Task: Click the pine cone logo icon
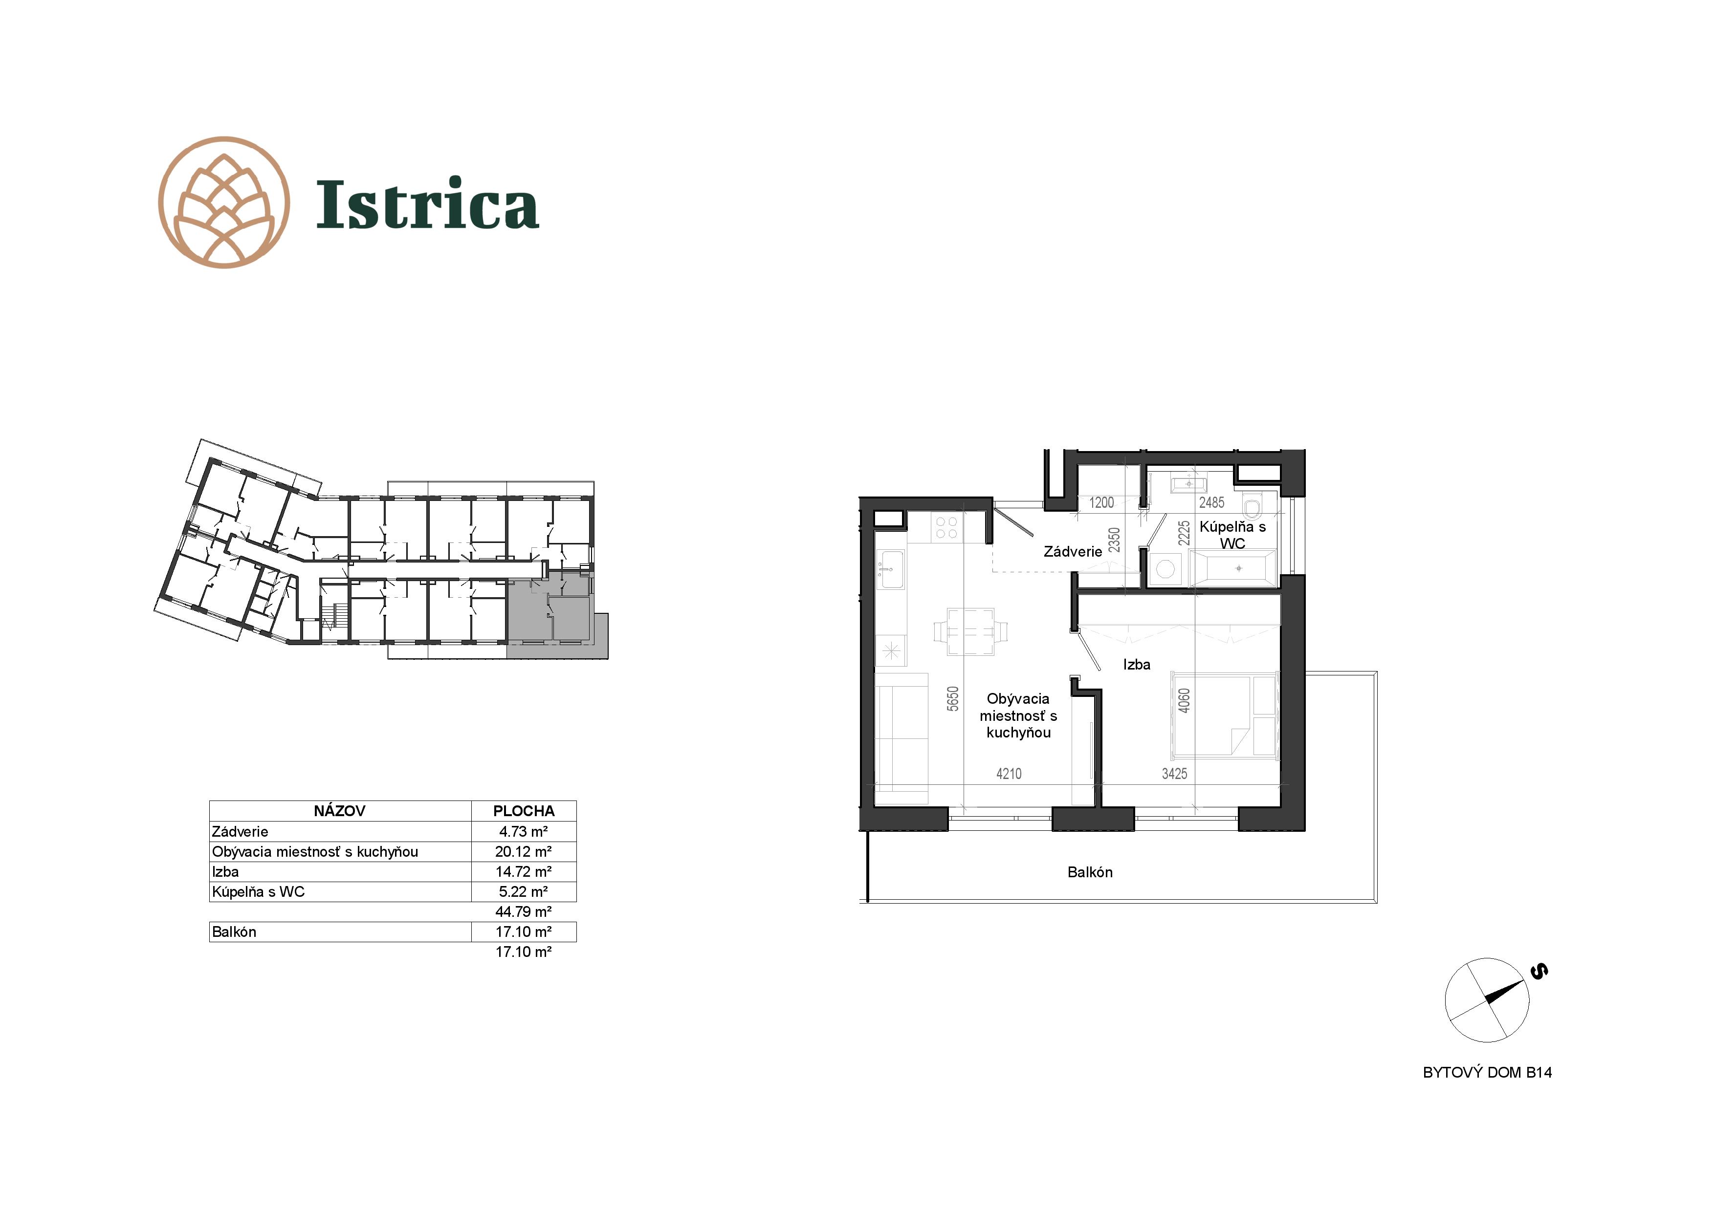pos(224,202)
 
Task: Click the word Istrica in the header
pos(427,204)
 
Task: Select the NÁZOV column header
pos(340,811)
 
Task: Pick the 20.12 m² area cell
pos(524,851)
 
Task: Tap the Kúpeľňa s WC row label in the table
pos(259,891)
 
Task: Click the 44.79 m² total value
pos(524,912)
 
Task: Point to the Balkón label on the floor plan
pos(1090,872)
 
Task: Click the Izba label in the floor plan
pos(1137,665)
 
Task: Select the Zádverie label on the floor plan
pos(1073,552)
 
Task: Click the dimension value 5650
pos(952,699)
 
